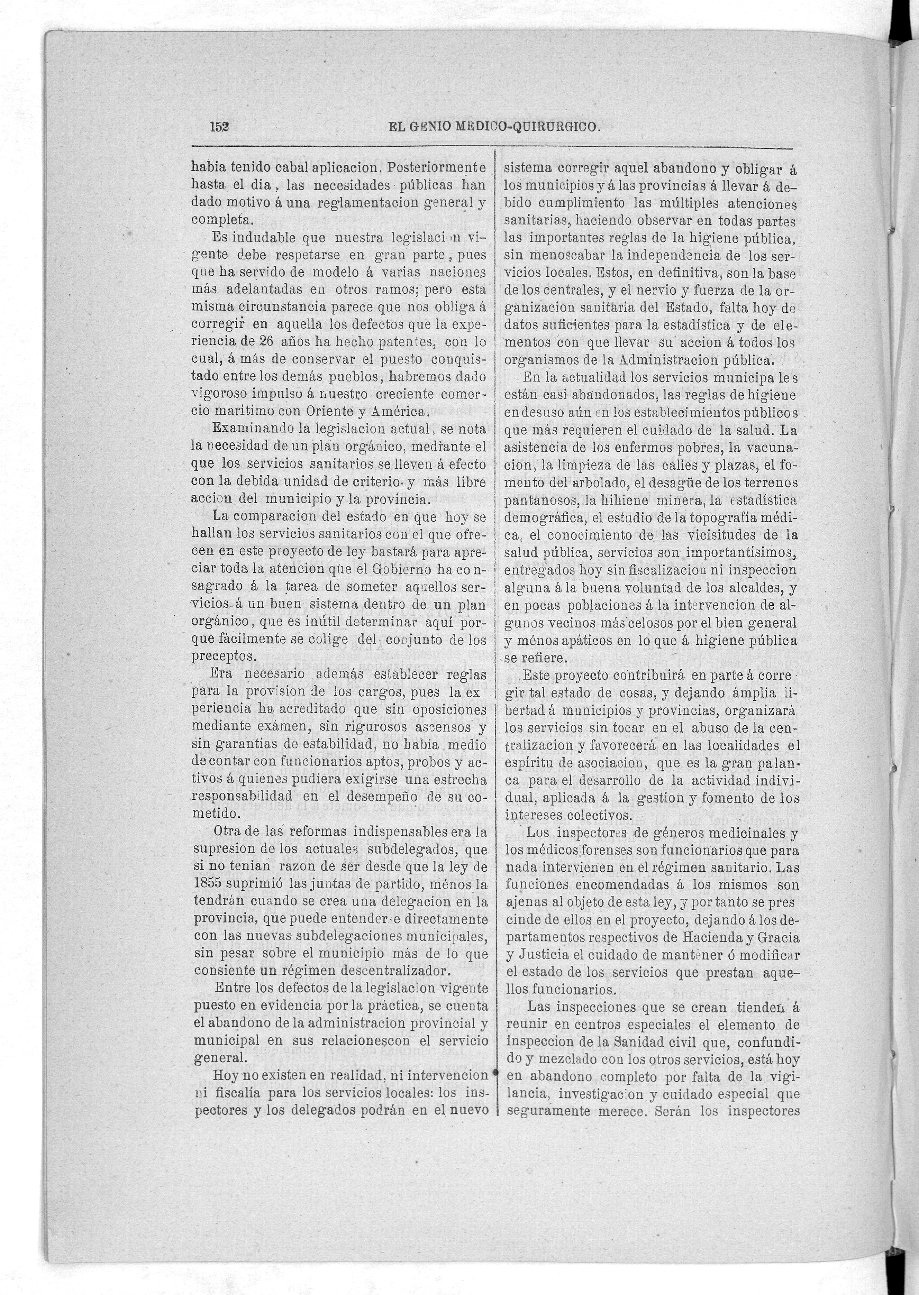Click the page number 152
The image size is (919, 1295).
point(218,127)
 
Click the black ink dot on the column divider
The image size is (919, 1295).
point(496,1072)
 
